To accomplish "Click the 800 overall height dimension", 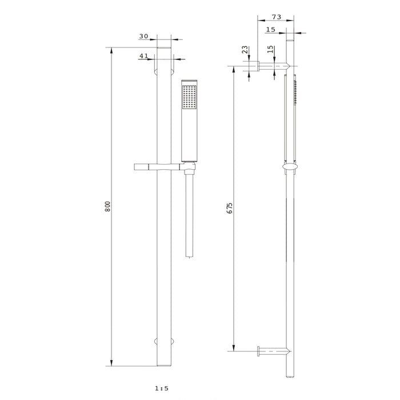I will [107, 206].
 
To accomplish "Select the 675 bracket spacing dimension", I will [230, 207].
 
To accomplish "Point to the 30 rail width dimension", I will [143, 37].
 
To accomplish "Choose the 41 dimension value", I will [143, 56].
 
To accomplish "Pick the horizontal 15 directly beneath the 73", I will [270, 29].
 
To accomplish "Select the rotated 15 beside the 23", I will [270, 51].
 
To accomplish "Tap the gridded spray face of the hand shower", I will [189, 97].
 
